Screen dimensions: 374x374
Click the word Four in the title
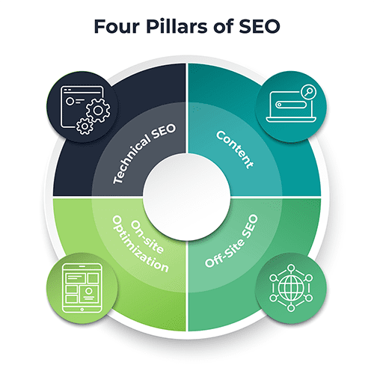[x=117, y=26]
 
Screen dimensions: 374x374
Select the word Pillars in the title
[x=177, y=26]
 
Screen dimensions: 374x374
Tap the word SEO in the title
[x=260, y=26]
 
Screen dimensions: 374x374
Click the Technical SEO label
[x=144, y=154]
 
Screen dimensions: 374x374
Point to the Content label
[x=235, y=149]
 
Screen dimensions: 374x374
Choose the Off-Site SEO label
[x=231, y=241]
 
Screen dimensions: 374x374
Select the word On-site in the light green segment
[x=147, y=236]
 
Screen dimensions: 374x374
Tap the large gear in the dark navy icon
[x=98, y=111]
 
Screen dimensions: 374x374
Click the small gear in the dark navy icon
[x=85, y=126]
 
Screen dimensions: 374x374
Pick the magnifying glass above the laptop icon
[x=308, y=92]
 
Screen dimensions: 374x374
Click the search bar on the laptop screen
[x=291, y=105]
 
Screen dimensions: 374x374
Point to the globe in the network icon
[x=291, y=288]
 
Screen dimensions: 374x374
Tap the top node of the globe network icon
[x=291, y=268]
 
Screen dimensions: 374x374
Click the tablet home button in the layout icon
[x=82, y=310]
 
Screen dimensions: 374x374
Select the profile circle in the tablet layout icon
[x=88, y=290]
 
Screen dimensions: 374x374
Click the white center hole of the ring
[x=186, y=197]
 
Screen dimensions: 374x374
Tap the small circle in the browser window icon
[x=70, y=101]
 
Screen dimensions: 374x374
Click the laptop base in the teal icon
[x=291, y=120]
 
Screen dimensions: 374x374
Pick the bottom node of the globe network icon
[x=291, y=308]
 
